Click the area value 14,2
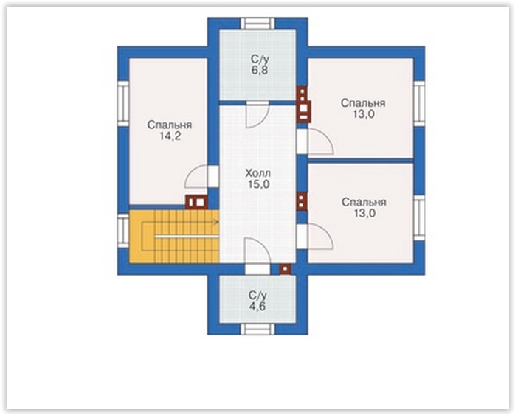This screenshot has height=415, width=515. (x=170, y=136)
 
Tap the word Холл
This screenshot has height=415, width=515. (x=258, y=173)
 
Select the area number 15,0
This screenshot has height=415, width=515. (x=259, y=184)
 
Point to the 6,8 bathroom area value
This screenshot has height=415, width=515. (x=260, y=71)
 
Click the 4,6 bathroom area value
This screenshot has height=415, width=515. (x=257, y=307)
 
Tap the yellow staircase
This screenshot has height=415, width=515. (x=174, y=236)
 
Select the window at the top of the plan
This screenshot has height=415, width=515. (x=257, y=24)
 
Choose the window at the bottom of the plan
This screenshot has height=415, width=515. (x=257, y=329)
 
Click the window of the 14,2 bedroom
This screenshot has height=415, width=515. (x=123, y=104)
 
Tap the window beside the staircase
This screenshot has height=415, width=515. (x=123, y=231)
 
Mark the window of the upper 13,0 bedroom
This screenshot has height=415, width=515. (x=419, y=104)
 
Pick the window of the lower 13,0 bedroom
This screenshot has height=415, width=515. (x=419, y=218)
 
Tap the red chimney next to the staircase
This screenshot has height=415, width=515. (x=196, y=202)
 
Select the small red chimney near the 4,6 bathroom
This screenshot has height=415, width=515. (x=285, y=269)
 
